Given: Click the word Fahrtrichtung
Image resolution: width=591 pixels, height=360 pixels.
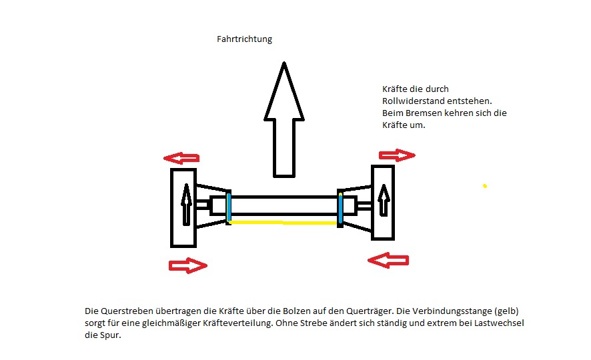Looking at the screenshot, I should point(244,39).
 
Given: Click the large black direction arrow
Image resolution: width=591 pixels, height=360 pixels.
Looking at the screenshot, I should point(284,120).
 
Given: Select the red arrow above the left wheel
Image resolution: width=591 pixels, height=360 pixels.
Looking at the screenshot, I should point(182,159).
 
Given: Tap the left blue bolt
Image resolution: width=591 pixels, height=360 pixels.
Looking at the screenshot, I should point(229,207).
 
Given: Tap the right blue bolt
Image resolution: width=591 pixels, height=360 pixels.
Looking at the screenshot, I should point(340,209).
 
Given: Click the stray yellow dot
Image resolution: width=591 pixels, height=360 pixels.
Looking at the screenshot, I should point(485,186).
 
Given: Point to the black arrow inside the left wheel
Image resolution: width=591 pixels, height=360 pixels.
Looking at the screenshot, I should point(186,204).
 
